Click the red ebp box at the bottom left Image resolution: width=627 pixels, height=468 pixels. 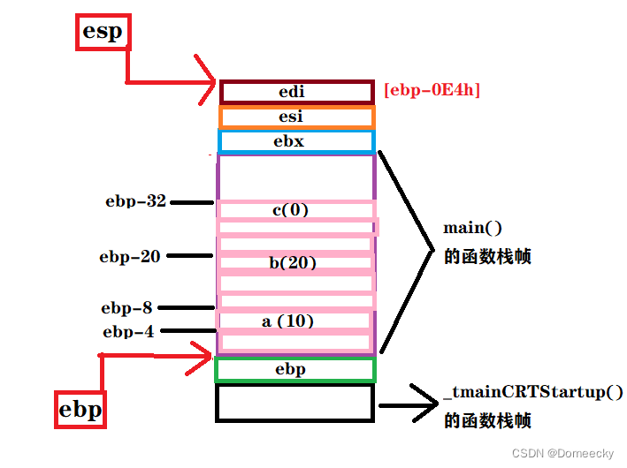pos(80,411)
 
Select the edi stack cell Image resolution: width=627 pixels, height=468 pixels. pos(296,92)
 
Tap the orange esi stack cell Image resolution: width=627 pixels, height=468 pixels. pos(296,117)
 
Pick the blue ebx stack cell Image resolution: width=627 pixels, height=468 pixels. pos(296,141)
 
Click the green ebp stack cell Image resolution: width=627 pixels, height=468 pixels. pos(295,369)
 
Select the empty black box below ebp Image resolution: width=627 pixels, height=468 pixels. pos(295,403)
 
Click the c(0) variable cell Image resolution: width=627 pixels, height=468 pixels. pos(295,210)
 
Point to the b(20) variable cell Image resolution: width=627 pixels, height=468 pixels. pos(294,262)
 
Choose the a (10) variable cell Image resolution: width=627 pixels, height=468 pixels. pos(294,321)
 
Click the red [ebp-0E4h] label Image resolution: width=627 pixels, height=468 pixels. pos(432,90)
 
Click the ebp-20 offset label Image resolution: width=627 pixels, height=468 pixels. pos(130,257)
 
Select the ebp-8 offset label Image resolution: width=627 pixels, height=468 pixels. pos(126,308)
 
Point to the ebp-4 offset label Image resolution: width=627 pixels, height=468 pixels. pos(129,332)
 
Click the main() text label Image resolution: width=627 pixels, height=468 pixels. pos(473,228)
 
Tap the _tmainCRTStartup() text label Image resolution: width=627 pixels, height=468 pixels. pos(532,392)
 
